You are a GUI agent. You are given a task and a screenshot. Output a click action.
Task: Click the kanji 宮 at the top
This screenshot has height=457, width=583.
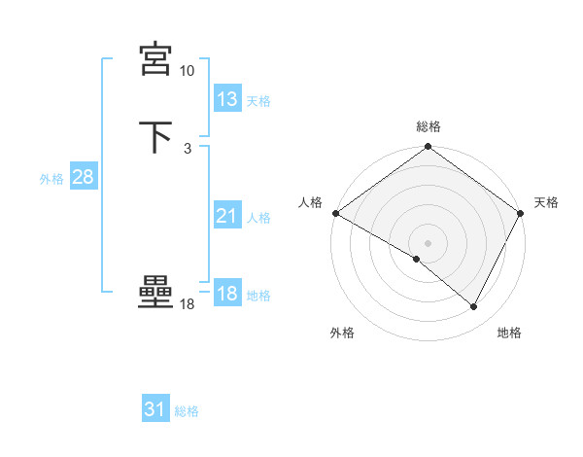pos(155,60)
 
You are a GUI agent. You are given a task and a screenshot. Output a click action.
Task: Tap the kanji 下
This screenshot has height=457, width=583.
pos(155,137)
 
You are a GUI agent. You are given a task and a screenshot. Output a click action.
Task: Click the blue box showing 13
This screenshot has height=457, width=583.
pos(227,99)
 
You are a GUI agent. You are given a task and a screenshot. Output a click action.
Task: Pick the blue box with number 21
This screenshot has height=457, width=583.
pos(227,216)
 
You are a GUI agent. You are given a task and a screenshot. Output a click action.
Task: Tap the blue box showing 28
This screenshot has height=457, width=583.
pos(83,177)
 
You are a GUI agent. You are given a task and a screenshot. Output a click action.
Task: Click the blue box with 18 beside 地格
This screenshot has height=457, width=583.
pos(227,294)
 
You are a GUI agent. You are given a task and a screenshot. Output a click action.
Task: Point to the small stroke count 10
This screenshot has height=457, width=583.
pos(187,71)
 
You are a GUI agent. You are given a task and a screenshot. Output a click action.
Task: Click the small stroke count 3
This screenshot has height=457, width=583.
pos(187,149)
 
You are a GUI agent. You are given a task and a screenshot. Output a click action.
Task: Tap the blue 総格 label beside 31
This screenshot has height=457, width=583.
pos(187,411)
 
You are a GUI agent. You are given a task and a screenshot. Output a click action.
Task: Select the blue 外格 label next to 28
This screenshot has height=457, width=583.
pos(51,179)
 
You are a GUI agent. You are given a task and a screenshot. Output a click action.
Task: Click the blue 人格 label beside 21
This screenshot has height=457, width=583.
pos(258,218)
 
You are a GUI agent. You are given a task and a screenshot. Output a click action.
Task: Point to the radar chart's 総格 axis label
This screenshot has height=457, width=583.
pos(428,126)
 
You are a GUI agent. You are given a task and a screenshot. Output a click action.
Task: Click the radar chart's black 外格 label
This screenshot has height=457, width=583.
pos(342,334)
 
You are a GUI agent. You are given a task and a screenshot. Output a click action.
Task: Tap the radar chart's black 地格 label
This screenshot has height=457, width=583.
pos(509,334)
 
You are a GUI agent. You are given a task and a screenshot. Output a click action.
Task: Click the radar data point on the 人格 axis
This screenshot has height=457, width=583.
pos(335,213)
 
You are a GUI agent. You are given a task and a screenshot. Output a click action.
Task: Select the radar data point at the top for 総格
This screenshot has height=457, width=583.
pos(428,147)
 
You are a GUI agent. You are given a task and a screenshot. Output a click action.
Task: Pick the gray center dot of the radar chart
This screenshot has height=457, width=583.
pos(428,242)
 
